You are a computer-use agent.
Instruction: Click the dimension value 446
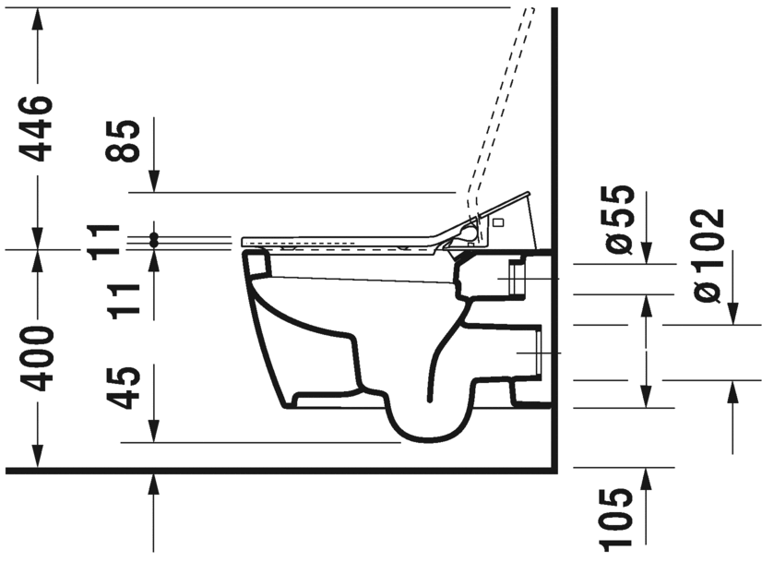(x=38, y=126)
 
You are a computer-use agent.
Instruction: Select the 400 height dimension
(x=38, y=358)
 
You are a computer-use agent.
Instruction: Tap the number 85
(x=125, y=140)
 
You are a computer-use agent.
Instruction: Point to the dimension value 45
(x=125, y=388)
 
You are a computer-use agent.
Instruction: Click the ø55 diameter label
(x=620, y=218)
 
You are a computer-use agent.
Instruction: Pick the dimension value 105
(x=620, y=520)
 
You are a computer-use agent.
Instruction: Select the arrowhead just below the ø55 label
(x=646, y=253)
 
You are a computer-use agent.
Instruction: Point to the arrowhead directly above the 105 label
(x=646, y=477)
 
